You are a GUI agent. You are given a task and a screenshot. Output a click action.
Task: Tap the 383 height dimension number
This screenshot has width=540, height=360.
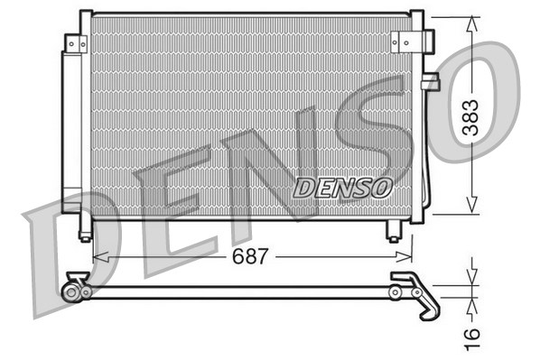point(470,116)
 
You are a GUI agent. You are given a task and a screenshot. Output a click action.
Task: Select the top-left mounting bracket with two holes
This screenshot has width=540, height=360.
point(76,42)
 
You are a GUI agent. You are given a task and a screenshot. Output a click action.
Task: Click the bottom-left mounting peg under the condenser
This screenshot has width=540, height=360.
point(85,234)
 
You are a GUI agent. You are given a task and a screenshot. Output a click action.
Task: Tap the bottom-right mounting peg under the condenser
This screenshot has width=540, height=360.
point(394,233)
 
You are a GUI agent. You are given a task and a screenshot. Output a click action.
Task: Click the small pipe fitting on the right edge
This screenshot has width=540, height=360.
point(430,83)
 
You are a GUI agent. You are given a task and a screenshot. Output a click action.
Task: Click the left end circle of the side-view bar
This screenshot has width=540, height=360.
point(70,291)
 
